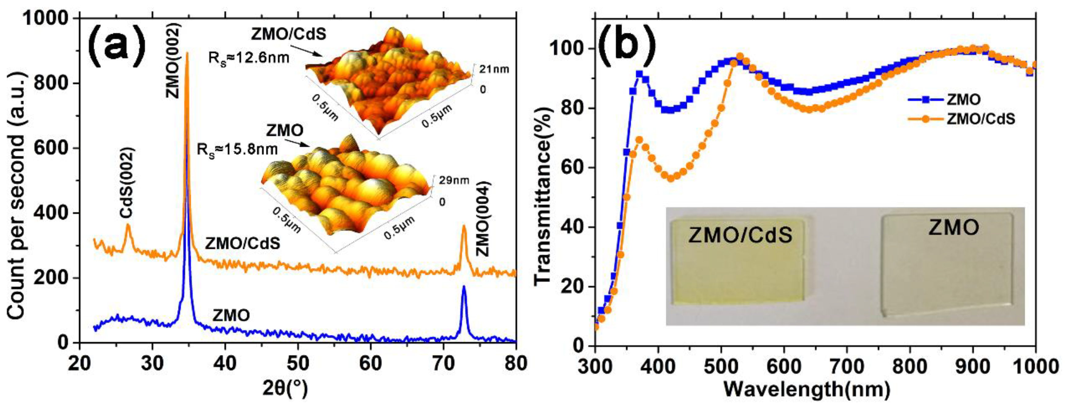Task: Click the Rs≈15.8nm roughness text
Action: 237,149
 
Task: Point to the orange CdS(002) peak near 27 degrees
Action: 128,225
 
